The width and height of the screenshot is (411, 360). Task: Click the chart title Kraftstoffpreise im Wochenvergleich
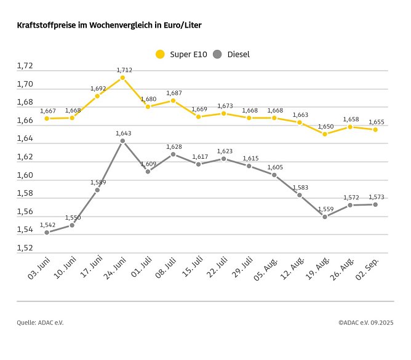(109, 26)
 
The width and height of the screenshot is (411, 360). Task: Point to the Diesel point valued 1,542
(47, 233)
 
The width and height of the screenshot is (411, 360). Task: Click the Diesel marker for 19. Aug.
(325, 217)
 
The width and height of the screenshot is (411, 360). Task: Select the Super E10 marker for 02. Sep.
(375, 129)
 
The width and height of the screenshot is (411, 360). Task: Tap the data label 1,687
(174, 93)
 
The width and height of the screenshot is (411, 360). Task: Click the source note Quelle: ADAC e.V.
(40, 322)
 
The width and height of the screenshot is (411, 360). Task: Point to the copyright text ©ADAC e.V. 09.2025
(365, 322)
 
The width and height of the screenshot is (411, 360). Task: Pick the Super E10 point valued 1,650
(325, 134)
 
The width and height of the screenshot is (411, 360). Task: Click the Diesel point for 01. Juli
(148, 171)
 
